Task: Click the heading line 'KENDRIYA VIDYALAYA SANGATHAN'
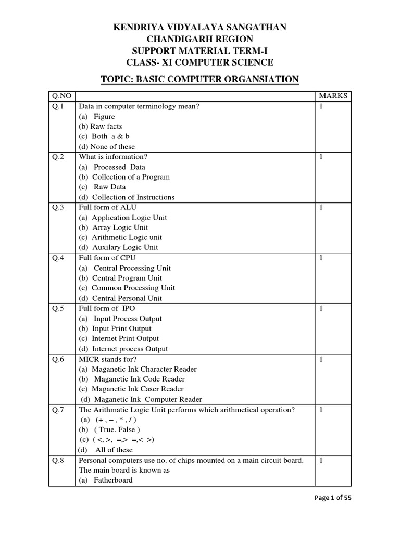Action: (x=200, y=27)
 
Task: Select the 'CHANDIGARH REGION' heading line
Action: (x=200, y=39)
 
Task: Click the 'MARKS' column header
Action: (x=333, y=96)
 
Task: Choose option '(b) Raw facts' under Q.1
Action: (x=101, y=126)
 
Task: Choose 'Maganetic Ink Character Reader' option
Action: (x=137, y=369)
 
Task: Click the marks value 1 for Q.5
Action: (x=321, y=309)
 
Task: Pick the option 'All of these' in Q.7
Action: (x=114, y=450)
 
